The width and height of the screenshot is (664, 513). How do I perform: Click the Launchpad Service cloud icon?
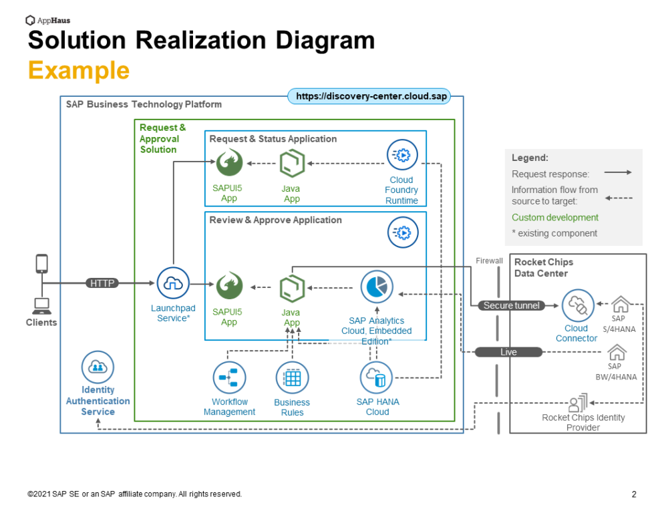(173, 283)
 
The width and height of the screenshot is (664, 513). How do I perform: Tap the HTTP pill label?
(102, 283)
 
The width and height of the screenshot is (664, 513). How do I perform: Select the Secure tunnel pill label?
(512, 305)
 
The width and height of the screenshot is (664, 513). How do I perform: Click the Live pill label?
(508, 352)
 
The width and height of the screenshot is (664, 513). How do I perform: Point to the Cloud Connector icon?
(576, 306)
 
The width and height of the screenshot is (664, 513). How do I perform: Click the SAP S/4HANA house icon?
(621, 305)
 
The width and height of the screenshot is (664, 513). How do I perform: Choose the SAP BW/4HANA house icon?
(617, 352)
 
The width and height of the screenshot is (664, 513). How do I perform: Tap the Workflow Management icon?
(229, 378)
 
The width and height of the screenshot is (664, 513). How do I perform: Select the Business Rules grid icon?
(292, 378)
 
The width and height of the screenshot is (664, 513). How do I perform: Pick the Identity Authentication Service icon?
(98, 367)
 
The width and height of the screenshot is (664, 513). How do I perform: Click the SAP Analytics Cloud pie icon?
(377, 287)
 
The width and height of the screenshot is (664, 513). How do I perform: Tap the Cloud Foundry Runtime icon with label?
(402, 156)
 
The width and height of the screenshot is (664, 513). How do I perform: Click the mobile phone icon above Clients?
(41, 263)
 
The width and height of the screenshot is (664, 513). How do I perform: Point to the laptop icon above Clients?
(41, 307)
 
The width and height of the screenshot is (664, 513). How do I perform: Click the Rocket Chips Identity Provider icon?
(577, 403)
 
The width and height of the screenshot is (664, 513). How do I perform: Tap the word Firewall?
(489, 261)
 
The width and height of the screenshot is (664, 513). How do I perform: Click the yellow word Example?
(79, 70)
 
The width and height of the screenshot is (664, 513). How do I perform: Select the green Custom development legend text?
(555, 218)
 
